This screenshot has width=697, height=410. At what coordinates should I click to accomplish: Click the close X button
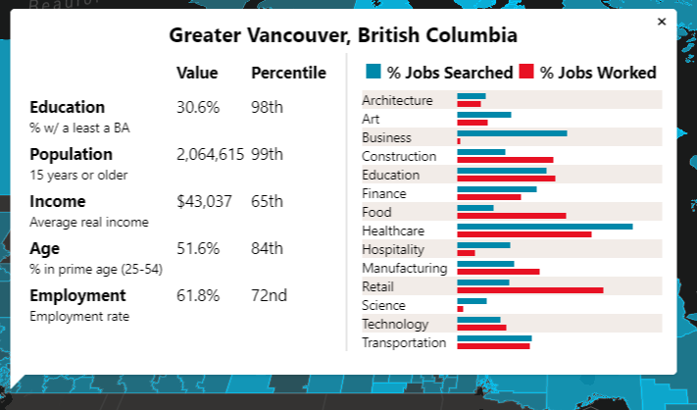click(661, 21)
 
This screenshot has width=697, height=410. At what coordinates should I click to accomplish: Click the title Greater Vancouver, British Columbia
click(343, 36)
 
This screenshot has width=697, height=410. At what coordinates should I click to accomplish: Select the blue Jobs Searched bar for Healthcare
click(544, 227)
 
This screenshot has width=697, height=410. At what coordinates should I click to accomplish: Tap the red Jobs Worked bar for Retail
click(529, 289)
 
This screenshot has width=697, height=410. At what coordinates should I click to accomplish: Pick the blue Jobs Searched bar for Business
click(512, 133)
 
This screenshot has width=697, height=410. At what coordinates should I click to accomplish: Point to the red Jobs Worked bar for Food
click(511, 215)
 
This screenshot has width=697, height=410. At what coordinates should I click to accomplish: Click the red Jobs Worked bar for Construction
click(505, 159)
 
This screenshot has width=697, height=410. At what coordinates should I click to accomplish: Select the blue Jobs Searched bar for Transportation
click(494, 338)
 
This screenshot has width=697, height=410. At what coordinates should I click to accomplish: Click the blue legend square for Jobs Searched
click(373, 71)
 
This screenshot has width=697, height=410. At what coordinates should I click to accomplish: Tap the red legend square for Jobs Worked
click(526, 71)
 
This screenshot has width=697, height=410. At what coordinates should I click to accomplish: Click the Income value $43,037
click(204, 201)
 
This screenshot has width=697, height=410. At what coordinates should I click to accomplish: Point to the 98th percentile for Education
click(267, 107)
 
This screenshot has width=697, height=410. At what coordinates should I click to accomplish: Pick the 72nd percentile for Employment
click(269, 295)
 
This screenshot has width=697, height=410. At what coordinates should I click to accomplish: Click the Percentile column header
click(288, 73)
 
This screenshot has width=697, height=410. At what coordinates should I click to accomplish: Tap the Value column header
click(197, 73)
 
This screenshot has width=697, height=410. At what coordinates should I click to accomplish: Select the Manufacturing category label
click(404, 268)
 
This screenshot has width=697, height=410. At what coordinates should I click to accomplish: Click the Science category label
click(383, 305)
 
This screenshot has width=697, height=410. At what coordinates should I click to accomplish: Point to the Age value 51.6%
click(198, 248)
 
